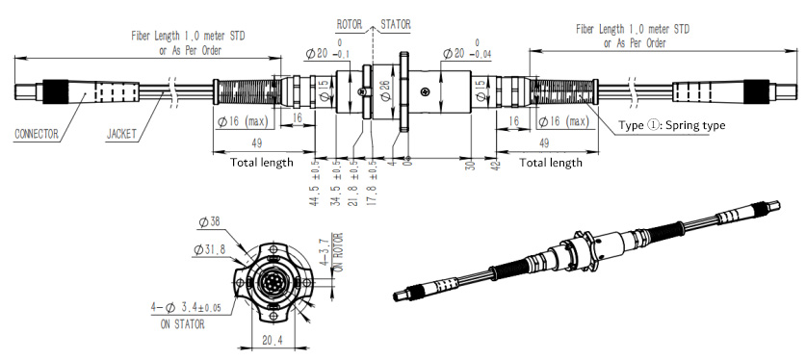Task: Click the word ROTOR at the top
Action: pyautogui.click(x=349, y=24)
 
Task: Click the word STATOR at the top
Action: pyautogui.click(x=396, y=24)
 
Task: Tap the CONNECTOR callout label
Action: pyautogui.click(x=36, y=135)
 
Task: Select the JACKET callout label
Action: pyautogui.click(x=121, y=135)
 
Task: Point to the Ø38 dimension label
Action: pyautogui.click(x=210, y=222)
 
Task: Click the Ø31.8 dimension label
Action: pyautogui.click(x=210, y=249)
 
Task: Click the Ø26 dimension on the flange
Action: pyautogui.click(x=385, y=90)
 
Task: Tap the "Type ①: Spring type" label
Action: pyautogui.click(x=672, y=125)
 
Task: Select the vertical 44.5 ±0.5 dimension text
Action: pyautogui.click(x=315, y=182)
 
